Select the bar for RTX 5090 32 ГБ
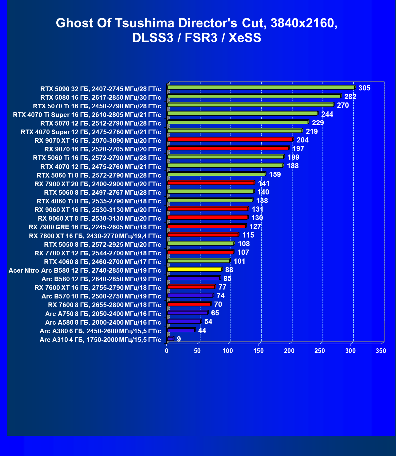click(261, 88)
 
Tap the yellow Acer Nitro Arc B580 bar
click(194, 270)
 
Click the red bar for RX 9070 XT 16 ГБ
click(230, 140)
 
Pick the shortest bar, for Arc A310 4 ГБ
click(170, 339)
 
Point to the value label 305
click(364, 88)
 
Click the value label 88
click(229, 270)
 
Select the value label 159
click(275, 174)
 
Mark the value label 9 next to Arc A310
click(179, 339)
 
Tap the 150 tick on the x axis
click(258, 351)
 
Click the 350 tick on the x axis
click(381, 351)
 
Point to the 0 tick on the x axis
click(167, 351)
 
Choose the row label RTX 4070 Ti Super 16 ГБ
click(87, 115)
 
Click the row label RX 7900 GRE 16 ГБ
click(95, 227)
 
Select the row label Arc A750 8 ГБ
click(103, 314)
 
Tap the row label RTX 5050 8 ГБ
click(102, 244)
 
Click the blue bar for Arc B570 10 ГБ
click(190, 295)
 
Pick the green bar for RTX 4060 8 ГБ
click(198, 261)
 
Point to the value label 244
click(327, 114)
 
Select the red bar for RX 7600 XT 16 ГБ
click(191, 287)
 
